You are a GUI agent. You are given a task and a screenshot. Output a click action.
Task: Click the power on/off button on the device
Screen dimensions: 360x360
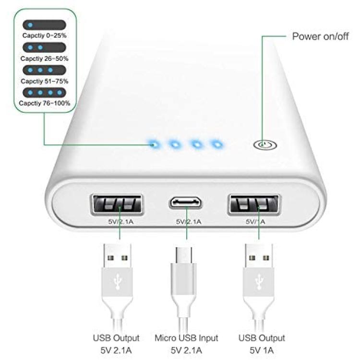pyautogui.click(x=265, y=145)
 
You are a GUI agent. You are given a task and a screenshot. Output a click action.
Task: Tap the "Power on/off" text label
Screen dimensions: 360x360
pyautogui.click(x=320, y=36)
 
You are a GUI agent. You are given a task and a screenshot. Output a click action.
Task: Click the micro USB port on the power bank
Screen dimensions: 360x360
pyautogui.click(x=186, y=203)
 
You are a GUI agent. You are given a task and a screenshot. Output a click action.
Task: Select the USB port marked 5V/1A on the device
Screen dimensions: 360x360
pyautogui.click(x=254, y=204)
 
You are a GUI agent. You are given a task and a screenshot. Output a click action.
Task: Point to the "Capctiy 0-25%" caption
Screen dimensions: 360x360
pyautogui.click(x=44, y=36)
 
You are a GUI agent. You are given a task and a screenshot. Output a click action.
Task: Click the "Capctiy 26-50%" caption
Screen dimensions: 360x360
pyautogui.click(x=44, y=59)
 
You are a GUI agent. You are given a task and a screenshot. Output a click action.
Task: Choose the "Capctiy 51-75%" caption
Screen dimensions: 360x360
pyautogui.click(x=44, y=81)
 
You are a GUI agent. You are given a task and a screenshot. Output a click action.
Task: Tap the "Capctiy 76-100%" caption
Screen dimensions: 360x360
pyautogui.click(x=44, y=103)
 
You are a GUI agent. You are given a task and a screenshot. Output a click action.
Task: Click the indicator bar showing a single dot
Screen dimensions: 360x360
pyautogui.click(x=44, y=25)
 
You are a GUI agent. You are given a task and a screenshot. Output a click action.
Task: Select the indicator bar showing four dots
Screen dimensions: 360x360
pyautogui.click(x=44, y=93)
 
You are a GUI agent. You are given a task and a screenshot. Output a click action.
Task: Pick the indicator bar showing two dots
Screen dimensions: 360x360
pyautogui.click(x=44, y=48)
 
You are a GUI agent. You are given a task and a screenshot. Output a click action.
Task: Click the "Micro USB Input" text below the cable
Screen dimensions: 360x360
pyautogui.click(x=186, y=338)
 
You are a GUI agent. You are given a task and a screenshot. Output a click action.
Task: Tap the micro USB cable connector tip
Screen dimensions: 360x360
pyautogui.click(x=184, y=255)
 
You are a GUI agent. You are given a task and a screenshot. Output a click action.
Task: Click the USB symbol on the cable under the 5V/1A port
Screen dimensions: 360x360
pyautogui.click(x=259, y=281)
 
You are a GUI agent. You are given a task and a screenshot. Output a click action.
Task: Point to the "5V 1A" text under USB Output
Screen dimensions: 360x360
pyautogui.click(x=262, y=350)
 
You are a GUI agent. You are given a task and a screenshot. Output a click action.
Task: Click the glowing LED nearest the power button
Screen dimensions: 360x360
pyautogui.click(x=217, y=144)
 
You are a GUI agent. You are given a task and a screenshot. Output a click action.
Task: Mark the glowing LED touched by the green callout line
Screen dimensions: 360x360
pyautogui.click(x=155, y=144)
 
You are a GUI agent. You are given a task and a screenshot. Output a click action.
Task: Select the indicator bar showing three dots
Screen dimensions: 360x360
pyautogui.click(x=44, y=70)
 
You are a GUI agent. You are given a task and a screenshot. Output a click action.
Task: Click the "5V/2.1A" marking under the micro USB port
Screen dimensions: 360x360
pyautogui.click(x=189, y=222)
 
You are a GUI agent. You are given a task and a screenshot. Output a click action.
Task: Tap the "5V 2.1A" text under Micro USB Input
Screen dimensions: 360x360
pyautogui.click(x=186, y=350)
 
